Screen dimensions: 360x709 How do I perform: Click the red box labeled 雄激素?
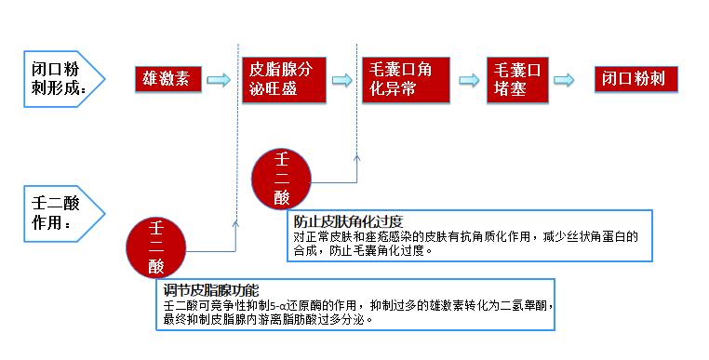pos(168,78)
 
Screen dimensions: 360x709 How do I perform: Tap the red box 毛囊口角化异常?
pos(403,78)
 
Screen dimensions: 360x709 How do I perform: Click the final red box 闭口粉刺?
pos(636,78)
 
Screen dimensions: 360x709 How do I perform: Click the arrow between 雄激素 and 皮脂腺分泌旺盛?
pos(218,80)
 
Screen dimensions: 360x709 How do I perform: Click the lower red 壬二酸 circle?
pos(156,247)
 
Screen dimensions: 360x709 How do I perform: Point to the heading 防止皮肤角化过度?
pos(347,221)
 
